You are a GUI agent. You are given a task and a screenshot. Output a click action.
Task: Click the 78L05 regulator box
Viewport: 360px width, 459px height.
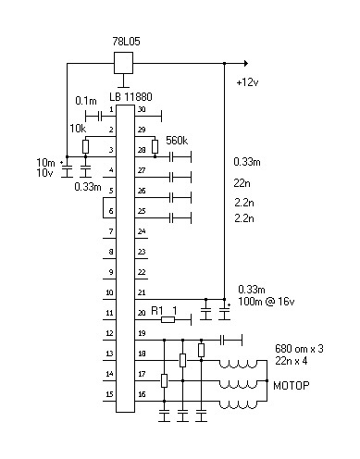[122, 63]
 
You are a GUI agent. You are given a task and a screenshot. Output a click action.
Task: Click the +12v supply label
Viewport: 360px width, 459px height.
[248, 83]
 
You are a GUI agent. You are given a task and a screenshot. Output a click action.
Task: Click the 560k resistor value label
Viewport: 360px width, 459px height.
[177, 140]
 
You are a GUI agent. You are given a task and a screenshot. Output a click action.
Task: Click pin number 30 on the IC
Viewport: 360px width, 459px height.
[141, 109]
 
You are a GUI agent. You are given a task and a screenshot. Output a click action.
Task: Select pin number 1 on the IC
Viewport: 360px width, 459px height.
[110, 109]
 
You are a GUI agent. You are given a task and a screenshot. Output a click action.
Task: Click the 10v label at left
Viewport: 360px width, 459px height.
[44, 173]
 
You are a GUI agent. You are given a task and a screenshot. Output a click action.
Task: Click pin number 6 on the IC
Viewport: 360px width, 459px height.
[110, 211]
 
